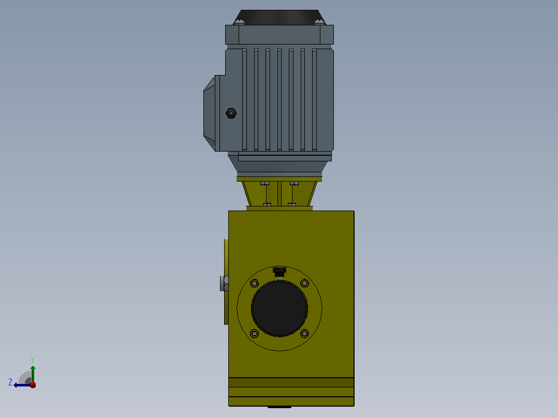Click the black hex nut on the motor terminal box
tap(231, 113)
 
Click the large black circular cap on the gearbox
tap(280, 308)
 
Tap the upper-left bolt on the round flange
tap(254, 283)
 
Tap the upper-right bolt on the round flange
tap(304, 283)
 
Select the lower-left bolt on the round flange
tap(254, 334)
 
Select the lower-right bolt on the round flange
tap(304, 334)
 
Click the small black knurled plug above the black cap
tap(280, 272)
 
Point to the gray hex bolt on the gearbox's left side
tap(224, 283)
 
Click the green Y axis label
tap(33, 360)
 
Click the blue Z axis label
tap(10, 382)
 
